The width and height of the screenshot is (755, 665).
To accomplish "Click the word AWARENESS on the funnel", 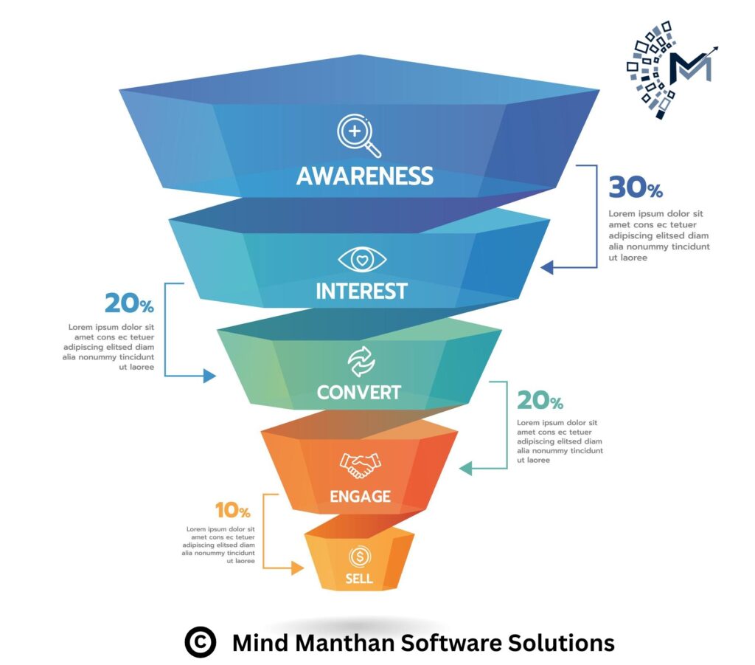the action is coord(364,176).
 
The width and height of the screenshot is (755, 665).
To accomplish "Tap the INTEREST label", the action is coord(361,291).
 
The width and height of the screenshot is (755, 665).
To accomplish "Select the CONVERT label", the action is coord(359,392).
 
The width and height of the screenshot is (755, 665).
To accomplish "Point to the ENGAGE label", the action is coord(360,496).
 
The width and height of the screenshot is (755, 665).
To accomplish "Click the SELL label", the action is coord(359,578).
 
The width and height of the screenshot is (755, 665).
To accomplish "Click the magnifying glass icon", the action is coord(359,135).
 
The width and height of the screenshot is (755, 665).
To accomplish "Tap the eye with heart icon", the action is coord(362,260).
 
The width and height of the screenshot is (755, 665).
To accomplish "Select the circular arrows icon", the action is coord(361,362).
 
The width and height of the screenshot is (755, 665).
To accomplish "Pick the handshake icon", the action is coord(360,465).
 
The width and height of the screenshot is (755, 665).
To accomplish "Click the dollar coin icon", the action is coord(360,557).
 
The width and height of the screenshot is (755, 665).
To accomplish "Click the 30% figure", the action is coord(636,187).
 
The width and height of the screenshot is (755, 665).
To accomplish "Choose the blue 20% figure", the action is coord(129,303).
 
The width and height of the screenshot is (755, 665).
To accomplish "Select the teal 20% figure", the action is coord(540,400).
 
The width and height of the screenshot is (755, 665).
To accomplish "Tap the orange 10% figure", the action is coord(232,510).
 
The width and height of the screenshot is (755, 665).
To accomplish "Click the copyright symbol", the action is coord(201,642).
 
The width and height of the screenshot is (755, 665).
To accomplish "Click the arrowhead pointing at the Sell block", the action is coord(298,568).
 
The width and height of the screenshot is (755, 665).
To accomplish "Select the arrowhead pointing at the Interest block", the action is coord(547,267).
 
